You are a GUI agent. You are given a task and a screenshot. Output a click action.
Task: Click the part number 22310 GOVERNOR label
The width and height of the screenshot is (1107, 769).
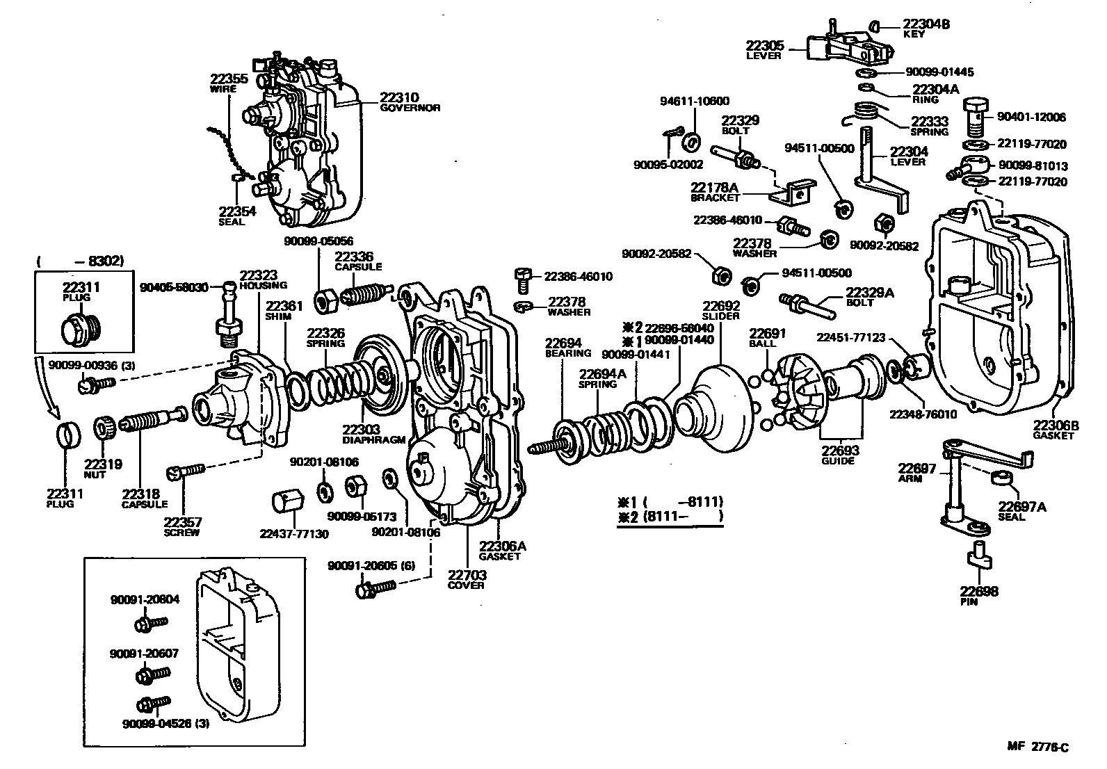[409, 102]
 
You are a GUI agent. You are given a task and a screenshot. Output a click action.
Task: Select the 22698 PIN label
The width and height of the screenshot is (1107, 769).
[979, 596]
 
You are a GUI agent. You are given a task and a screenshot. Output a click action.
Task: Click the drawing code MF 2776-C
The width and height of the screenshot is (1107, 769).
[1037, 747]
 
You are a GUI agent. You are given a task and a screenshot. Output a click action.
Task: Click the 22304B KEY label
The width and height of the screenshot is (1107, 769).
[926, 28]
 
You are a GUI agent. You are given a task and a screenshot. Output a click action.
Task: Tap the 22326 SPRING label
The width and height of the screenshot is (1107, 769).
[325, 338]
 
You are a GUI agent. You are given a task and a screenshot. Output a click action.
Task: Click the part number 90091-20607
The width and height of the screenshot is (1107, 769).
[145, 654]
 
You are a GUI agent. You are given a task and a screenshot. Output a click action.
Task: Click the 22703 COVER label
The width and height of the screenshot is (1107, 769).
[467, 579]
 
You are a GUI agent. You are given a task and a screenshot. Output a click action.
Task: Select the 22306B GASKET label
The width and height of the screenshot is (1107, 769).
[1055, 430]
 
